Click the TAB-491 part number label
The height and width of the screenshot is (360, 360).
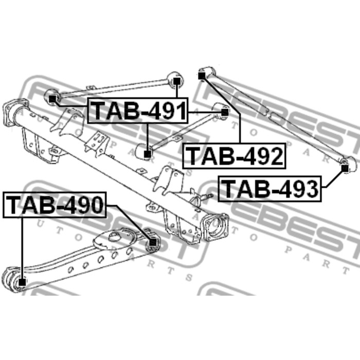[x=138, y=111]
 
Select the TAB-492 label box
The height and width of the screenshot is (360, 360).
[x=234, y=156]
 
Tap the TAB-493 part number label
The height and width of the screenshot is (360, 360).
[x=270, y=189]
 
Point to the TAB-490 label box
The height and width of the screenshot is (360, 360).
[x=55, y=205]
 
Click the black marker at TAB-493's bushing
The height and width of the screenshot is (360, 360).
[x=345, y=168]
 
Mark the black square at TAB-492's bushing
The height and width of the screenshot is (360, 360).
[x=202, y=76]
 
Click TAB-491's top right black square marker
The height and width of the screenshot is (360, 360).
[x=176, y=81]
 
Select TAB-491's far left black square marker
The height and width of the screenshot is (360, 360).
[x=52, y=99]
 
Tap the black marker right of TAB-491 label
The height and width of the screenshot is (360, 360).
[x=225, y=112]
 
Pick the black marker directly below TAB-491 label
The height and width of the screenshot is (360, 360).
[x=147, y=154]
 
